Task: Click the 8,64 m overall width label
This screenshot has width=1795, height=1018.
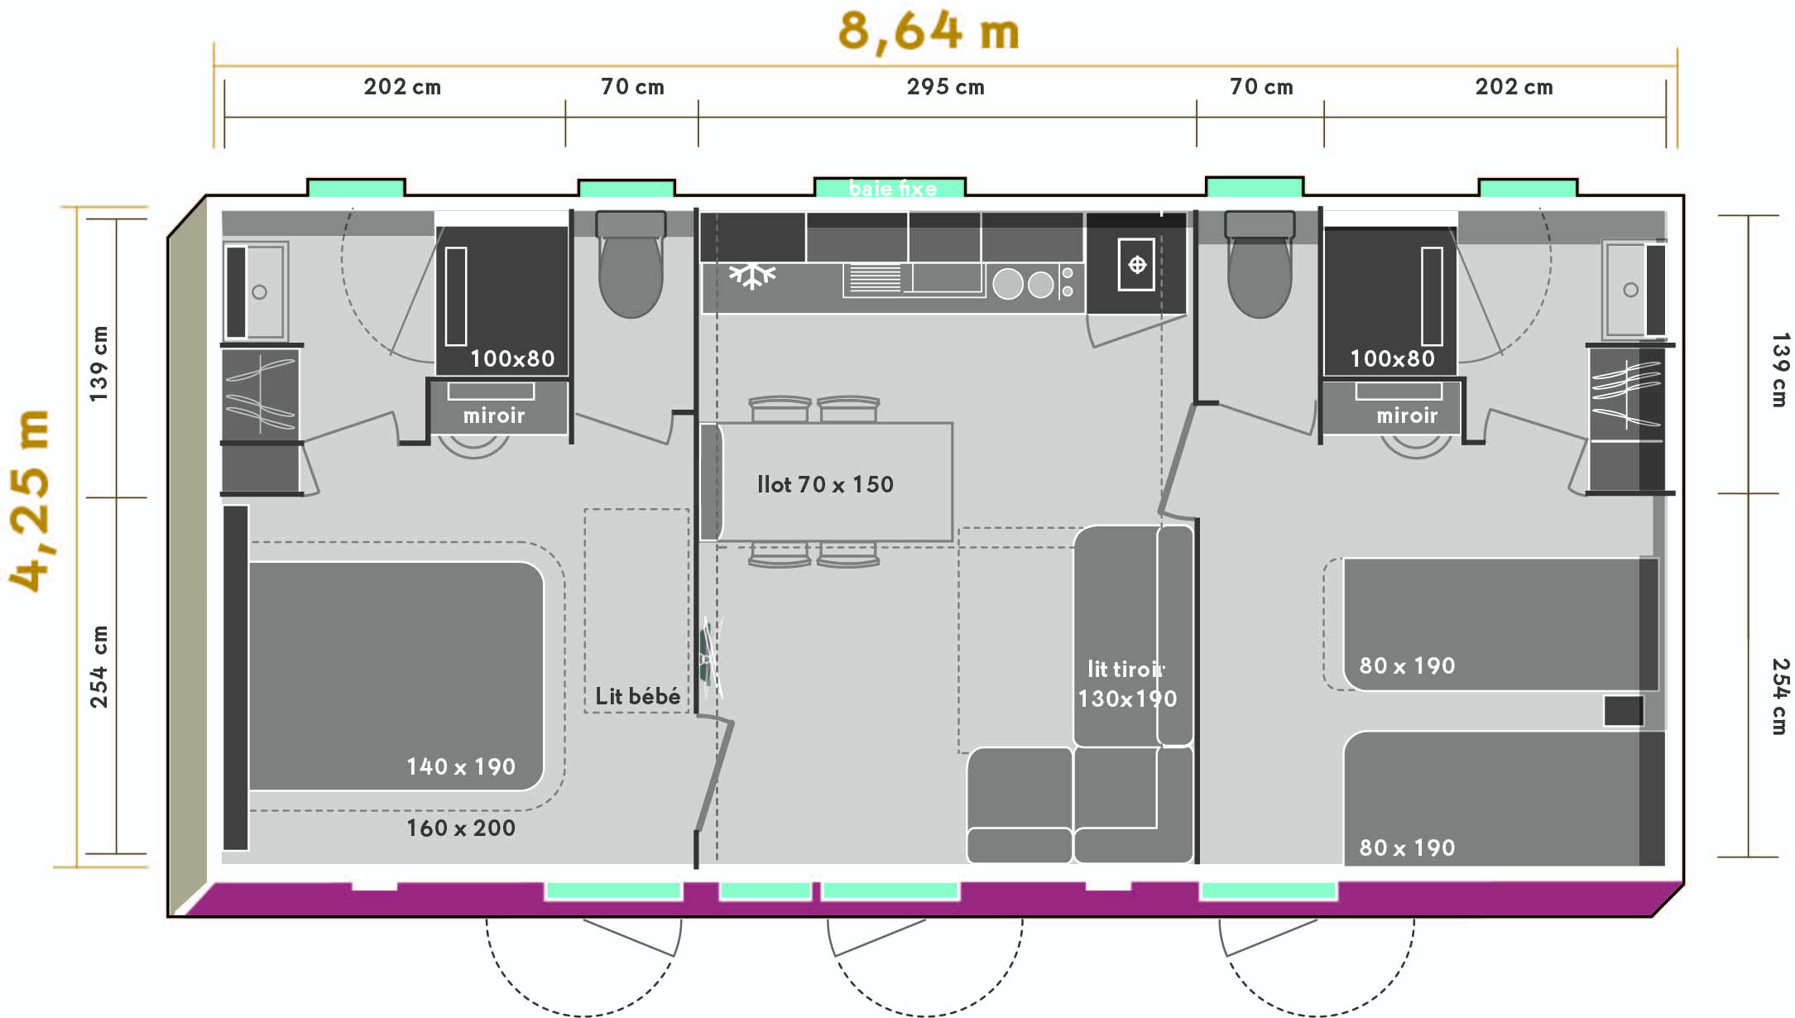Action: pyautogui.click(x=929, y=31)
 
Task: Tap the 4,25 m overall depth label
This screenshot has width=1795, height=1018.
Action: pyautogui.click(x=30, y=500)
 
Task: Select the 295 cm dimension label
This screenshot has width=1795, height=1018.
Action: pyautogui.click(x=945, y=87)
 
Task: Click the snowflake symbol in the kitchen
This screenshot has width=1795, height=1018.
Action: pyautogui.click(x=751, y=275)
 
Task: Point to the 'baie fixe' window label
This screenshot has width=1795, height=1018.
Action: pyautogui.click(x=892, y=189)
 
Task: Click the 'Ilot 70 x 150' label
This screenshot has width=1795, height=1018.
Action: pyautogui.click(x=825, y=484)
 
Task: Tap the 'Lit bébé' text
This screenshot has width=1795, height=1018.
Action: pyautogui.click(x=637, y=696)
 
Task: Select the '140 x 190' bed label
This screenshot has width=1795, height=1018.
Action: pyautogui.click(x=461, y=766)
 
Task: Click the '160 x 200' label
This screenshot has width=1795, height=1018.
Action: pyautogui.click(x=461, y=828)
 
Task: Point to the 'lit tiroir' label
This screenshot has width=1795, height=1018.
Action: pyautogui.click(x=1125, y=669)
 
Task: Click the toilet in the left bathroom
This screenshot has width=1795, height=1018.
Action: pyautogui.click(x=631, y=264)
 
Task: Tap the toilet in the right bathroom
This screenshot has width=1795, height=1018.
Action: pyautogui.click(x=1260, y=264)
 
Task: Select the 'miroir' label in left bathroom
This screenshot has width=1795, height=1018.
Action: pyautogui.click(x=494, y=415)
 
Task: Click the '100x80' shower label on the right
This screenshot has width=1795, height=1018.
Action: pyautogui.click(x=1392, y=358)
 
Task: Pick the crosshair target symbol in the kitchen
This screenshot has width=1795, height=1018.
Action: pyautogui.click(x=1137, y=265)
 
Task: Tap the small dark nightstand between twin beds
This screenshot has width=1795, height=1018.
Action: pyautogui.click(x=1623, y=711)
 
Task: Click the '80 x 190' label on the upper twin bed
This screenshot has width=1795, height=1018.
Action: pyautogui.click(x=1407, y=665)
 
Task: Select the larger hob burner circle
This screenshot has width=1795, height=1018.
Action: pyautogui.click(x=1007, y=284)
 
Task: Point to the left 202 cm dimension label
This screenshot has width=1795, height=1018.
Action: pyautogui.click(x=402, y=87)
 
